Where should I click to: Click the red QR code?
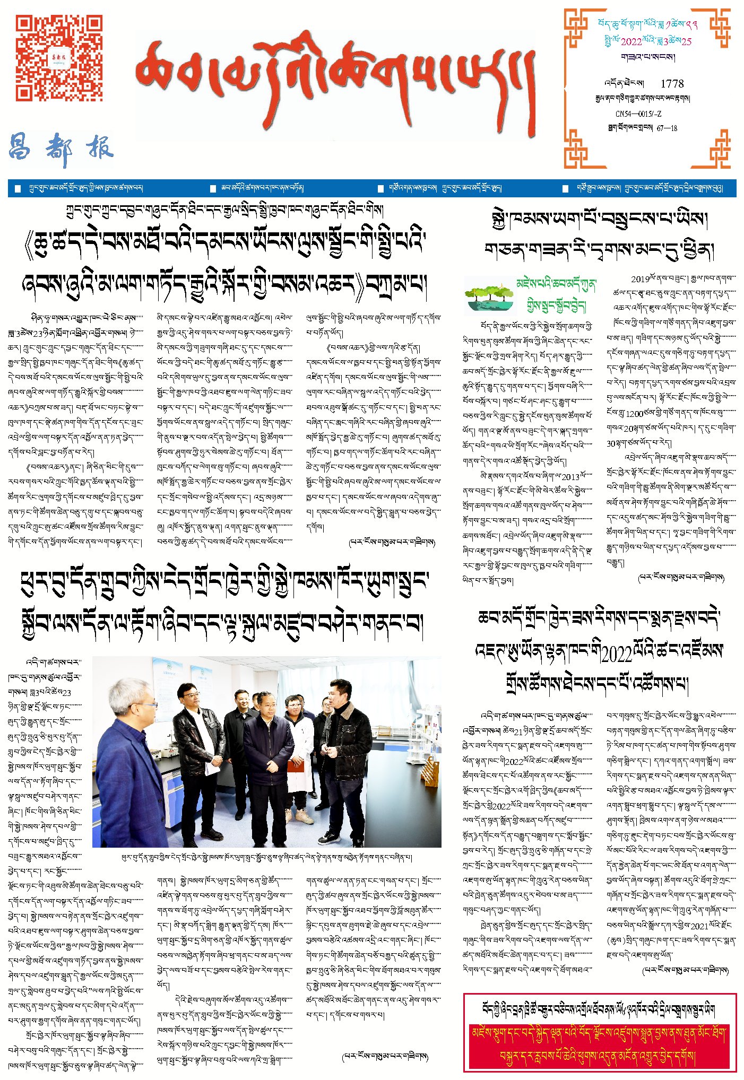[x=58, y=57]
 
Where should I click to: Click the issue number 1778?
[x=672, y=84]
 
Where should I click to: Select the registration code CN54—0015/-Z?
[x=638, y=114]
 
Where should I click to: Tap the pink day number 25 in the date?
[x=687, y=42]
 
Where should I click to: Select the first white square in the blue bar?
[x=18, y=189]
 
